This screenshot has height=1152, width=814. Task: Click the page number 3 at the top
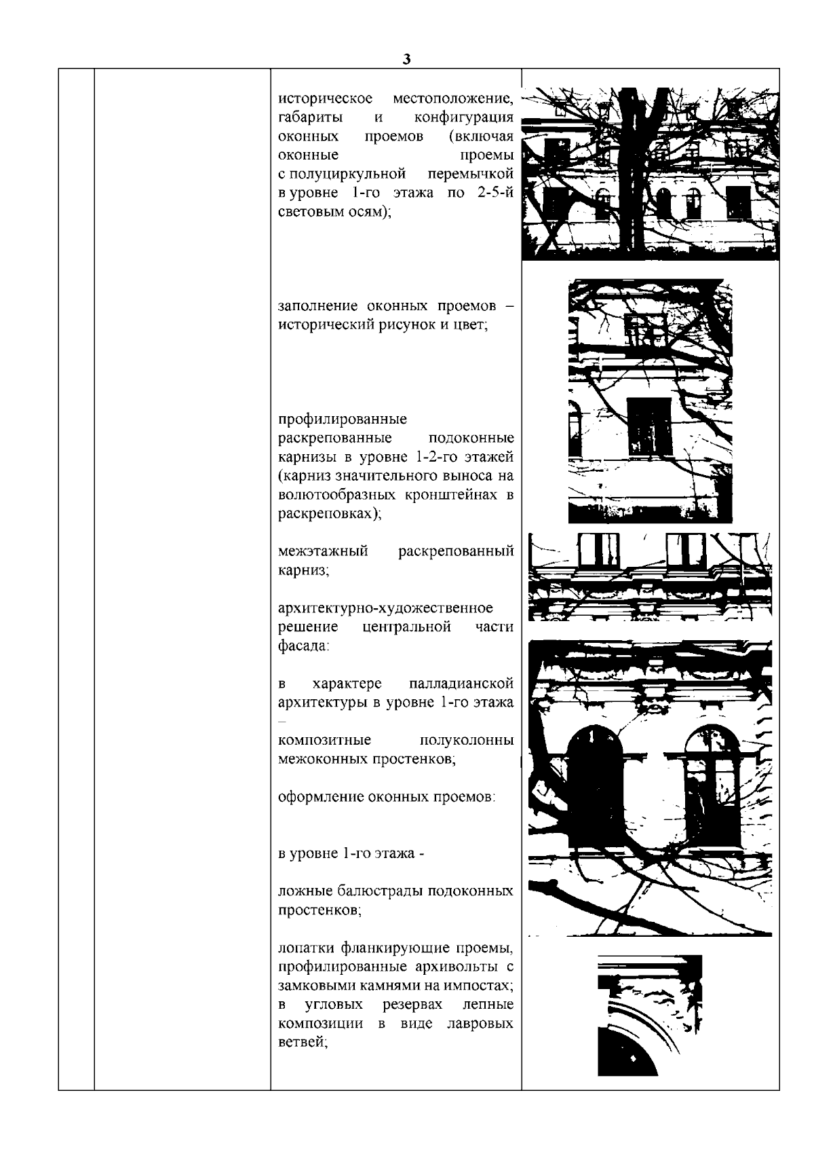point(406,60)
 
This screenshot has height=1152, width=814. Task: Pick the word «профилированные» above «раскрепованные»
point(343,419)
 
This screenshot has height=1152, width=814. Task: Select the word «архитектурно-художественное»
point(385,608)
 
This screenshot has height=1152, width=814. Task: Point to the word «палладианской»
point(461,683)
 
